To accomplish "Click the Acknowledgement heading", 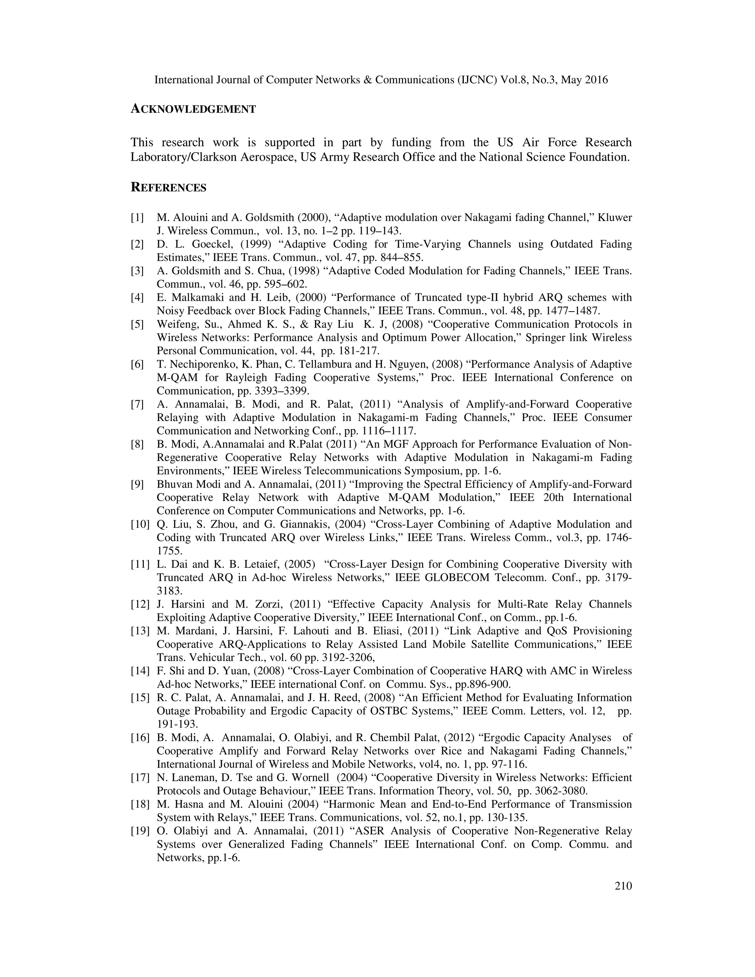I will (x=193, y=109).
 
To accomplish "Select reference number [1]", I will (x=137, y=218).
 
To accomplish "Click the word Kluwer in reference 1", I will (x=615, y=218).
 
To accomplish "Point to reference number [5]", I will (x=137, y=324).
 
